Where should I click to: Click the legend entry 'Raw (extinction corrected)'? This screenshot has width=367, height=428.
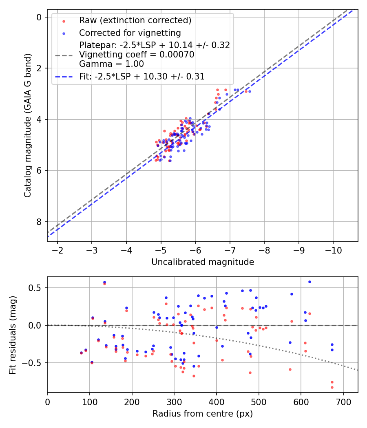click(135, 20)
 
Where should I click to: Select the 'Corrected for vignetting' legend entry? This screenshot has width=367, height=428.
click(130, 33)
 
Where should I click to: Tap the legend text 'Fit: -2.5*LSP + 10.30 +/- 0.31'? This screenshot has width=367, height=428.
click(141, 76)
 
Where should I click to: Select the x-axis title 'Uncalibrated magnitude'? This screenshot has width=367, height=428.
click(203, 262)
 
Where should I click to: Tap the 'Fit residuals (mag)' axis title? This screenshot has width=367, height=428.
click(13, 335)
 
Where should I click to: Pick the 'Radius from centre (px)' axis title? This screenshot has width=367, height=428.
click(203, 414)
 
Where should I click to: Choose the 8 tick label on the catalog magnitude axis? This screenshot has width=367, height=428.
click(39, 222)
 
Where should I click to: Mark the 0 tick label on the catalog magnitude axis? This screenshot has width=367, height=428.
click(39, 17)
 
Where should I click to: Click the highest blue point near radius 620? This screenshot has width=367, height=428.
click(310, 282)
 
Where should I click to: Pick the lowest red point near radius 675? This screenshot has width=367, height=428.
click(332, 387)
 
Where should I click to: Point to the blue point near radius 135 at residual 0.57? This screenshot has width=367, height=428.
click(104, 282)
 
